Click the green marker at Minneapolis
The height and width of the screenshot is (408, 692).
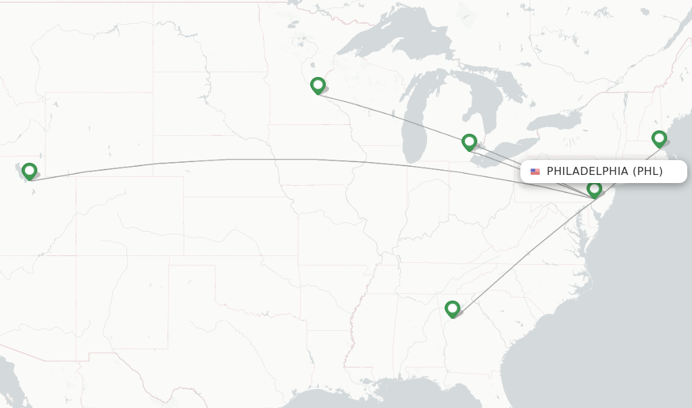318,85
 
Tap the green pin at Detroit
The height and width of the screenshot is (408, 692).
469,142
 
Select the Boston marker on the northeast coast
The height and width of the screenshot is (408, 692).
659,138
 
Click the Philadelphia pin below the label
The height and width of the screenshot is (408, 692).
594,189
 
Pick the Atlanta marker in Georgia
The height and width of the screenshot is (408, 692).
452,309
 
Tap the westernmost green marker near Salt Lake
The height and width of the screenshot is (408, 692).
29,171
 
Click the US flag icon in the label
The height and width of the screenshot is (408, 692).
535,172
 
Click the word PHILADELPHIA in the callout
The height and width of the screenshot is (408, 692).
587,172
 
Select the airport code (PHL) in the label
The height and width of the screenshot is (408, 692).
647,172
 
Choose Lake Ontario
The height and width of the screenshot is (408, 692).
554,122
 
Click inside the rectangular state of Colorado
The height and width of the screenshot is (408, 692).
128,216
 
